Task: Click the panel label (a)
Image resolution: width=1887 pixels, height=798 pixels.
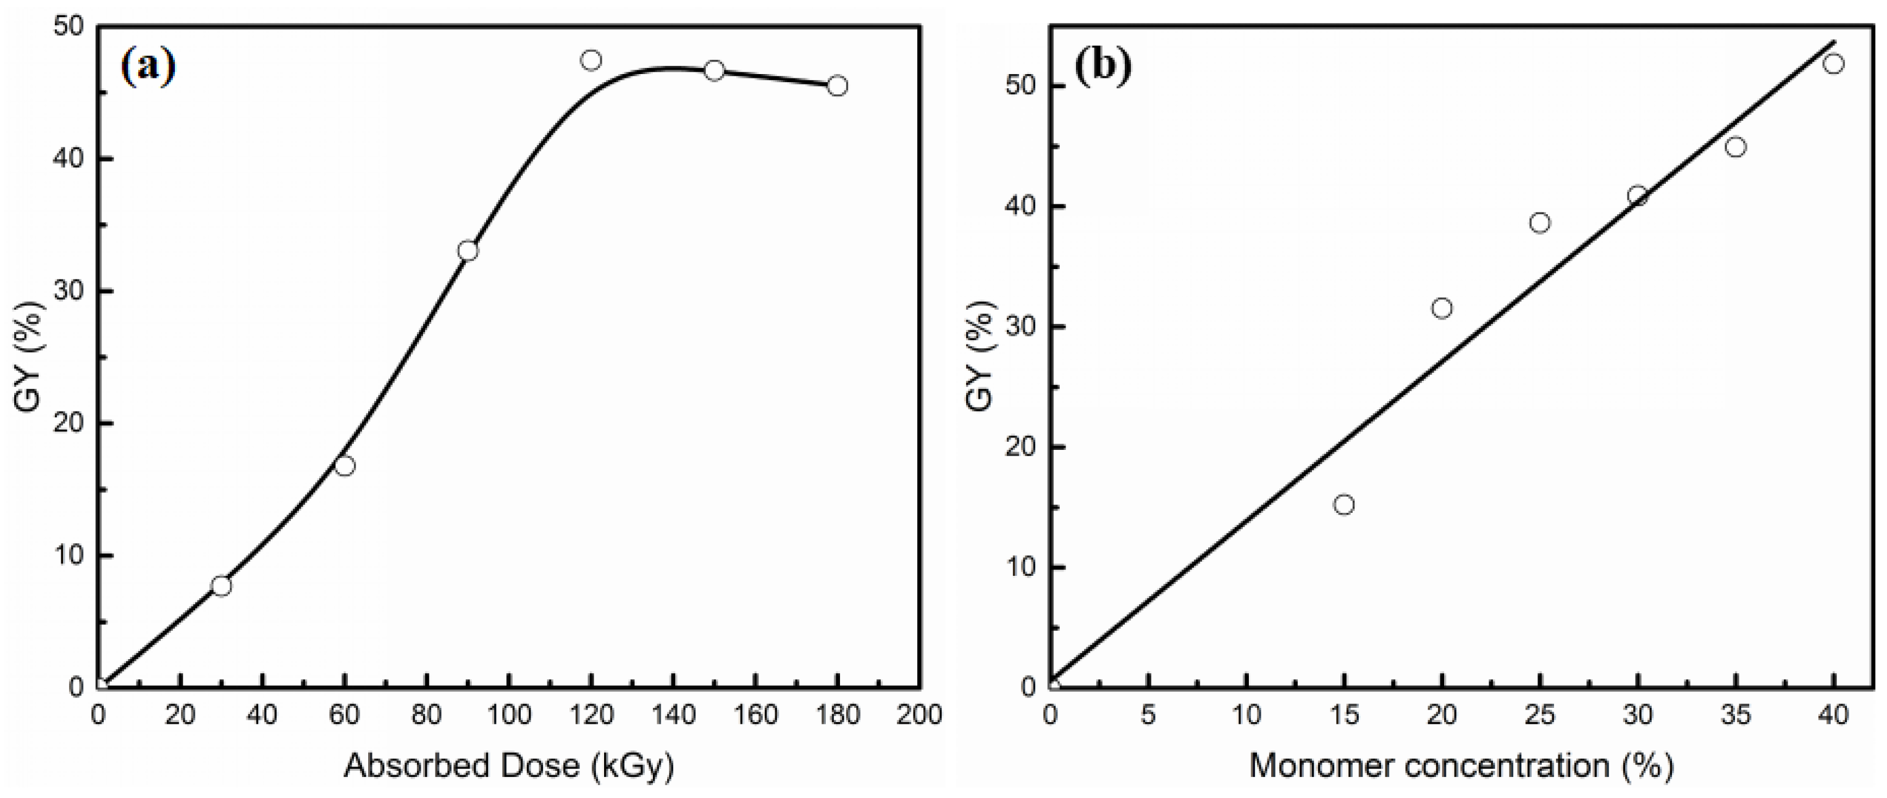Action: [x=148, y=67]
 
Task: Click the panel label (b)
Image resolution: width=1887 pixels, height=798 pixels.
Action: [x=1103, y=67]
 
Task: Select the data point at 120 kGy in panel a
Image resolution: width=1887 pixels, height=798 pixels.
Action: [x=591, y=60]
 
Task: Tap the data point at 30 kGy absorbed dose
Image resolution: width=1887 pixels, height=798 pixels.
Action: [x=221, y=586]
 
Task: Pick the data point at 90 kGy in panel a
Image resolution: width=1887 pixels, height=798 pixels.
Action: [x=468, y=251]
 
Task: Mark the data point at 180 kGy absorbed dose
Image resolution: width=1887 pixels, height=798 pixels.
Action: [x=838, y=86]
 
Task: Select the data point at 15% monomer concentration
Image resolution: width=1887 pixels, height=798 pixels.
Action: [x=1344, y=504]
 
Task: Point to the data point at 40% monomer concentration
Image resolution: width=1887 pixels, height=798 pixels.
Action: [x=1833, y=64]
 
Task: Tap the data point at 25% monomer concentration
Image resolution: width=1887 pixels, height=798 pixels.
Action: [x=1540, y=223]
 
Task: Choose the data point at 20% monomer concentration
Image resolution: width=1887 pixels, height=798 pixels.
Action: [x=1442, y=308]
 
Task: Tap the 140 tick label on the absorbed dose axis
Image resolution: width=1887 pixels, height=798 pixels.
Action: [x=673, y=715]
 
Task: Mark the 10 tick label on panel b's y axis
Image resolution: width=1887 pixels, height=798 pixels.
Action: [x=1020, y=567]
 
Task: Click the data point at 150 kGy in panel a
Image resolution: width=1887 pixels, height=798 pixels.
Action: [x=714, y=70]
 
